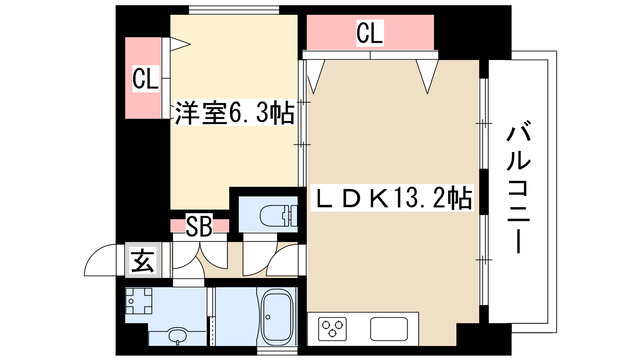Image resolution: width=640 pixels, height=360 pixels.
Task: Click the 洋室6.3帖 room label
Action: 235,113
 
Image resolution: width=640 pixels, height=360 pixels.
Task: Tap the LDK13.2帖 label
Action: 392,198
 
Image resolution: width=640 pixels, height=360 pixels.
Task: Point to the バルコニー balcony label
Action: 518,190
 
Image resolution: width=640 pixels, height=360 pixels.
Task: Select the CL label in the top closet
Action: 370,33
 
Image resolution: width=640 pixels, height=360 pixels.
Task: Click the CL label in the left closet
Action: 145,80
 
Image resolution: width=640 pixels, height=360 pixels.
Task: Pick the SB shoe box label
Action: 199,226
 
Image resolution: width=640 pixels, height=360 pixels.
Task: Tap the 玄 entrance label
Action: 143,261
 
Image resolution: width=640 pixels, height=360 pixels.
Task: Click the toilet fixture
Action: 278,214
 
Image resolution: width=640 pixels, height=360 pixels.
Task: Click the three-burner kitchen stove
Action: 332,328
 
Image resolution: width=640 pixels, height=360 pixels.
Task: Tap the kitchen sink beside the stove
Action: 389,329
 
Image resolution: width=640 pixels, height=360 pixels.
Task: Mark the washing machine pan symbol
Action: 139,301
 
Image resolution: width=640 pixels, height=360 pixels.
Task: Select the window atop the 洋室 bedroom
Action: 234,10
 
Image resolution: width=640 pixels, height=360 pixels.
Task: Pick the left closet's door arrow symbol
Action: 180,44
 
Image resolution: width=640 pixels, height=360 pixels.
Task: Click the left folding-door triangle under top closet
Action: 316,76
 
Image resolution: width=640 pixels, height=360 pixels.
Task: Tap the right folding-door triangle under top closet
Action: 427,76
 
